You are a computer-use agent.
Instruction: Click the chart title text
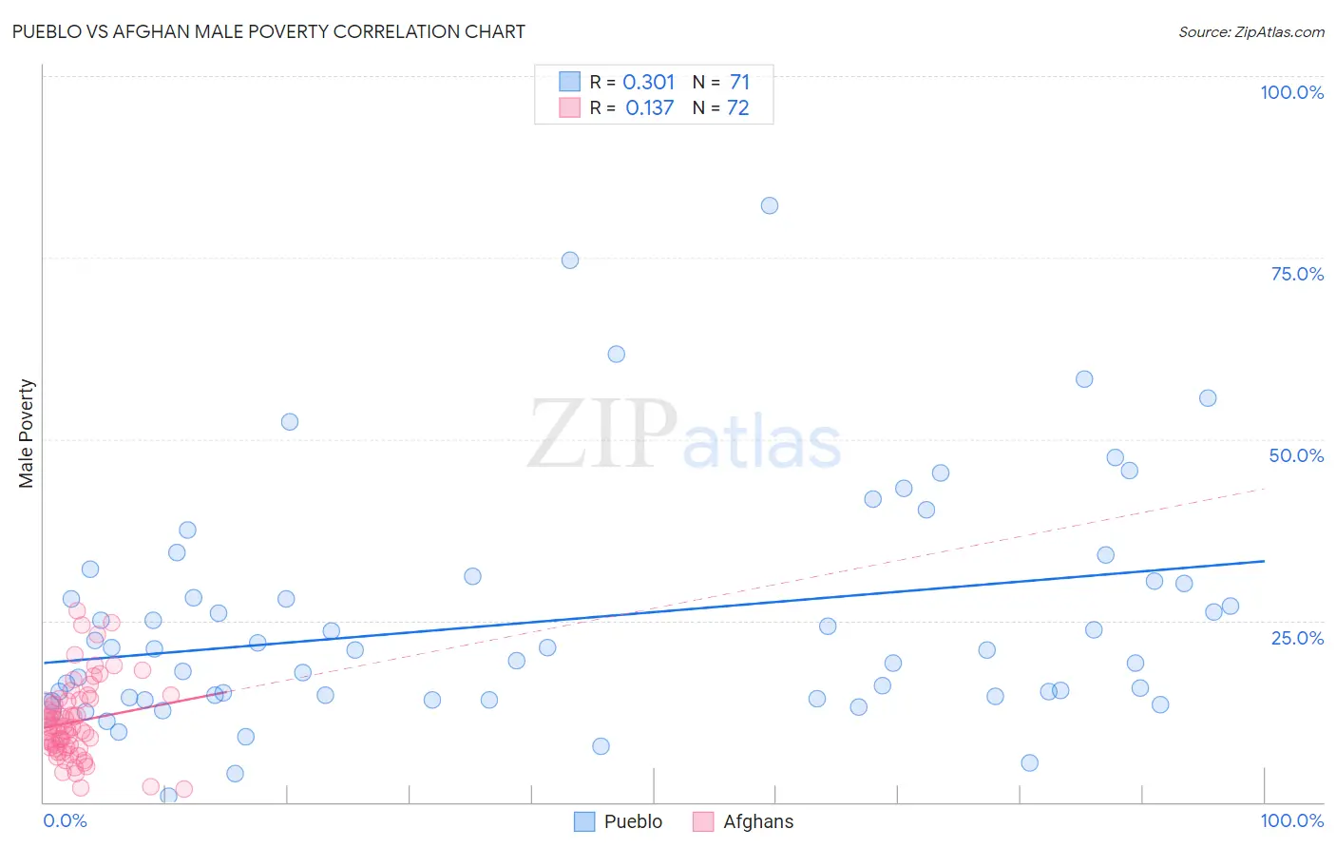pyautogui.click(x=268, y=31)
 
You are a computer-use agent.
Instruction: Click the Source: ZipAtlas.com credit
pyautogui.click(x=1250, y=31)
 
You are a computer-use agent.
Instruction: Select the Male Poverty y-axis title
pyautogui.click(x=26, y=434)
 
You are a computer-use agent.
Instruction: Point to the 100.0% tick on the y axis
pyautogui.click(x=1291, y=92)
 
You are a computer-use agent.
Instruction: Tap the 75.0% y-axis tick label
pyautogui.click(x=1297, y=274)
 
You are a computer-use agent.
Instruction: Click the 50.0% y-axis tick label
pyautogui.click(x=1296, y=455)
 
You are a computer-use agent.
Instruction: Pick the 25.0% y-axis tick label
pyautogui.click(x=1297, y=638)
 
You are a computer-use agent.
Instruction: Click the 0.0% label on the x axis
pyautogui.click(x=65, y=820)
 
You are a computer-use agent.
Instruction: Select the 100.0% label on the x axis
pyautogui.click(x=1291, y=820)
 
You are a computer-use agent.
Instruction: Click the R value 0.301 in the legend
pyautogui.click(x=649, y=82)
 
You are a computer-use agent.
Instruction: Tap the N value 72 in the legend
pyautogui.click(x=738, y=108)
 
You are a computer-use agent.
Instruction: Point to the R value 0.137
pyautogui.click(x=649, y=108)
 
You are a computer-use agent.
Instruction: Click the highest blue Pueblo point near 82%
pyautogui.click(x=770, y=205)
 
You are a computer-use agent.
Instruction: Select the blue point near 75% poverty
pyautogui.click(x=570, y=260)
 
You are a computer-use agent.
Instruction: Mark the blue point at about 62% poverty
pyautogui.click(x=616, y=354)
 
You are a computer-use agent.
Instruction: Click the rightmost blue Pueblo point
pyautogui.click(x=1231, y=607)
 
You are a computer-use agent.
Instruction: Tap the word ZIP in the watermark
pyautogui.click(x=602, y=435)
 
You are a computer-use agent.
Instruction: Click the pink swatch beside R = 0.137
pyautogui.click(x=569, y=107)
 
